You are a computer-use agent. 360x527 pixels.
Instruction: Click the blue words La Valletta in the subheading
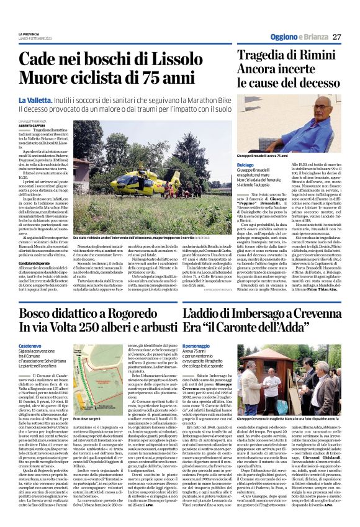coord(53,101)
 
